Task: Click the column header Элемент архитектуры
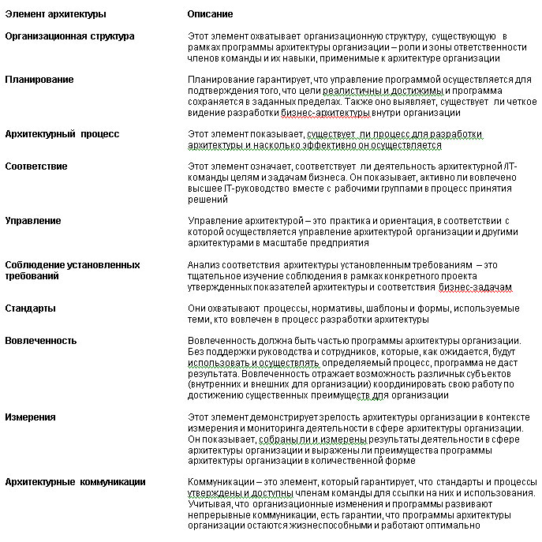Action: click(x=55, y=14)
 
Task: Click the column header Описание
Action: click(x=210, y=14)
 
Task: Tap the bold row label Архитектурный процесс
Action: click(x=62, y=134)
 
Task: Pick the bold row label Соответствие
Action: click(x=36, y=166)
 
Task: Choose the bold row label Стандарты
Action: click(x=30, y=308)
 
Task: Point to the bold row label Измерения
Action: click(x=31, y=417)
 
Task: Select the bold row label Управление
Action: click(x=33, y=221)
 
